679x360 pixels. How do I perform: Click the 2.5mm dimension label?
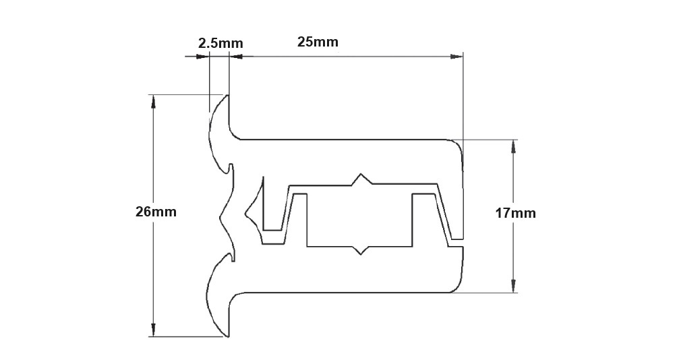pyautogui.click(x=220, y=43)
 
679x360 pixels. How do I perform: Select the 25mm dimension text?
pyautogui.click(x=318, y=42)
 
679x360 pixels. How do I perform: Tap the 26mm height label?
pyautogui.click(x=156, y=212)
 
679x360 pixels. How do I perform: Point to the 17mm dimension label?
pyautogui.click(x=515, y=214)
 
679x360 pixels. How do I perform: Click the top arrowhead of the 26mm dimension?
pyautogui.click(x=154, y=100)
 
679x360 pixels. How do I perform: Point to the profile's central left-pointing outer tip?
pyautogui.click(x=222, y=217)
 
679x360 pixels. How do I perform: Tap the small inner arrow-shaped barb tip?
pyautogui.click(x=246, y=215)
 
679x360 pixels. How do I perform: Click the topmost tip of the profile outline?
pyautogui.click(x=229, y=95)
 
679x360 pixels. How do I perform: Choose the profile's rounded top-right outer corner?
pyautogui.click(x=458, y=144)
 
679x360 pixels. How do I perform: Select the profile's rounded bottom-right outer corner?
pyautogui.click(x=459, y=288)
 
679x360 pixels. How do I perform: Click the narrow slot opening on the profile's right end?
pyautogui.click(x=463, y=243)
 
